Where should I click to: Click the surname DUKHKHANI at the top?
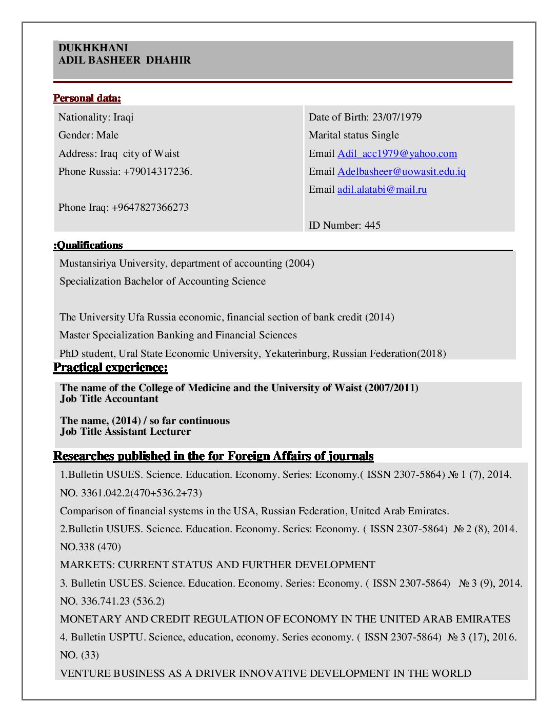[93, 48]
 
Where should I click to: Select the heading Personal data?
[87, 98]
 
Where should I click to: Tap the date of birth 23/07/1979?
[397, 117]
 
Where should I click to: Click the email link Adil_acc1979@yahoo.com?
[397, 153]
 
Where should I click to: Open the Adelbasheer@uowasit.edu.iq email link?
[402, 171]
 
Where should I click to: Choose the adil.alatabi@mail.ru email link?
[382, 189]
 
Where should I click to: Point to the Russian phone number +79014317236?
[157, 171]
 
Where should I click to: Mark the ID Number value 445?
[372, 225]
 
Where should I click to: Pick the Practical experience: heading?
[111, 367]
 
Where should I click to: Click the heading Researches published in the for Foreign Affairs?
[213, 456]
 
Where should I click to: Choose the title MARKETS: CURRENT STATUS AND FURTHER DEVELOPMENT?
[217, 565]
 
